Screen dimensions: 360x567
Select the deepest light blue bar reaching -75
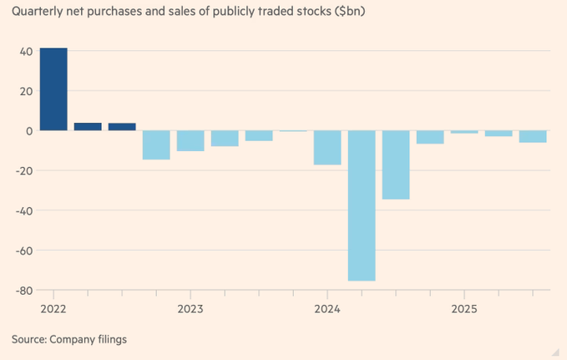point(362,205)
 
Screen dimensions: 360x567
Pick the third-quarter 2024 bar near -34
point(396,165)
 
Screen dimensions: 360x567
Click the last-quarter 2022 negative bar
point(156,145)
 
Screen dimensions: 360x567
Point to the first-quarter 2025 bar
point(464,132)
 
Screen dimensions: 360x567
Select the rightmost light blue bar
point(533,137)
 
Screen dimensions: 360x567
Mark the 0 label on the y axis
point(28,131)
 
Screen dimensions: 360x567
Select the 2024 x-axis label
point(327,307)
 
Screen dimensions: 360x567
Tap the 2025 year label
point(464,307)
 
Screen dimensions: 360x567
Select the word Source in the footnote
point(29,339)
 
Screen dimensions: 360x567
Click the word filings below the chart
point(110,339)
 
